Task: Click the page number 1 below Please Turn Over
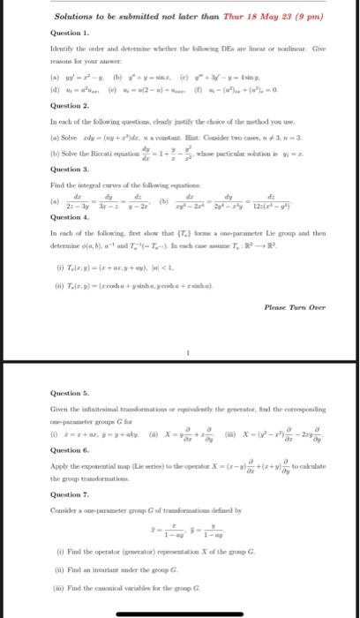(179, 326)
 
